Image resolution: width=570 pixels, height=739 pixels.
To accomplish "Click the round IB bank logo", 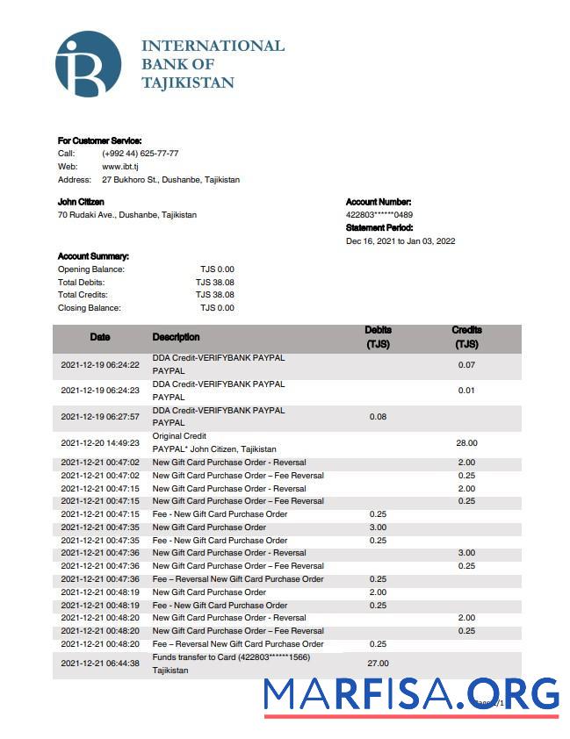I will (88, 64).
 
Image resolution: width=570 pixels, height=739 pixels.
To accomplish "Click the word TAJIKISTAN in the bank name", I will (188, 83).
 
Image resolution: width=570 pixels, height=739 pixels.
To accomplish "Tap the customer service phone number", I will (141, 153).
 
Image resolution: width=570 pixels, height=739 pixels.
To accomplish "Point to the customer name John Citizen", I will (81, 202).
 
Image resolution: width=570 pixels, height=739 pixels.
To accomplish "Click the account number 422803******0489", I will (379, 215).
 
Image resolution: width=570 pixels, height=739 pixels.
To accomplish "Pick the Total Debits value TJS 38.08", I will (215, 282).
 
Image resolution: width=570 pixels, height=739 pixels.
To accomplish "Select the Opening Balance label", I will (91, 269).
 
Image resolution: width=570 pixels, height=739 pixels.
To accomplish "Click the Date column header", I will (100, 337).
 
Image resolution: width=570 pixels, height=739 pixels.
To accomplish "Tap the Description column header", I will (176, 337).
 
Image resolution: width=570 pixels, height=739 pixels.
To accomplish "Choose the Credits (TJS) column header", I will (466, 338).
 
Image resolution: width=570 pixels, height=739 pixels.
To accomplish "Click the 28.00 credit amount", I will (466, 443).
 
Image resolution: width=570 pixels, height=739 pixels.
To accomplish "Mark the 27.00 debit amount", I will (378, 664).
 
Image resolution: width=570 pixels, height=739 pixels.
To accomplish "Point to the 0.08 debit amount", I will (378, 417).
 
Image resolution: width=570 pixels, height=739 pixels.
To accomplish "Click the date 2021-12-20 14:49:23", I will (100, 443).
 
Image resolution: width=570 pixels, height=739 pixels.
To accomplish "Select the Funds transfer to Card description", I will (231, 657).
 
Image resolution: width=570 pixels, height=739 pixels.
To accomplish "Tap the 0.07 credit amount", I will (466, 364).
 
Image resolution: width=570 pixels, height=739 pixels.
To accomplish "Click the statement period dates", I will (400, 241).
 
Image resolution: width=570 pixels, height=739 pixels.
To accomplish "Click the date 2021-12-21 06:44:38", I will (100, 664).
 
